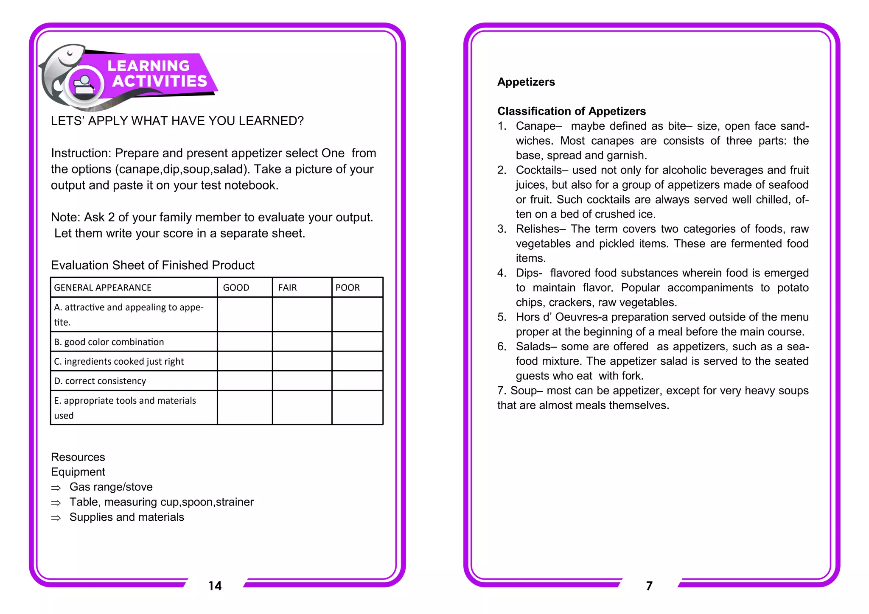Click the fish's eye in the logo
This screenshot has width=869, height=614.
click(x=70, y=53)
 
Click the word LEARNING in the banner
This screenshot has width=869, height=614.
click(x=149, y=66)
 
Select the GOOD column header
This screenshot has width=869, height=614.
click(x=236, y=287)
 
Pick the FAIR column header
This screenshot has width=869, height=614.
click(x=288, y=287)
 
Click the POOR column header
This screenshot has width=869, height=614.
click(x=348, y=287)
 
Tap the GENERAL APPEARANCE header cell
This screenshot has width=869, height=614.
click(x=103, y=287)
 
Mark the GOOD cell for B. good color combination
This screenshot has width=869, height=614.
click(x=245, y=342)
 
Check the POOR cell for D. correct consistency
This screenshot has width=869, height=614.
click(x=357, y=381)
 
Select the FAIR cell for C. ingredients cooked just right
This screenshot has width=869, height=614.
click(x=302, y=361)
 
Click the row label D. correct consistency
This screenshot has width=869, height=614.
click(x=100, y=381)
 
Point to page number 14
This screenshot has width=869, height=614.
click(x=215, y=586)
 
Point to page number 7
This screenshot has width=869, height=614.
click(x=649, y=586)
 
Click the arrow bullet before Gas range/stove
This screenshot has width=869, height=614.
click(x=56, y=488)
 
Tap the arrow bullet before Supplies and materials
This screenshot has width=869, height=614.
click(x=56, y=518)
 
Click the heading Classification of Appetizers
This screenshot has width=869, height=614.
click(x=571, y=111)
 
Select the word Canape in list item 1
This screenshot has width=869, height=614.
click(x=536, y=126)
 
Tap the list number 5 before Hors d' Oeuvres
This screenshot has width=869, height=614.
click(x=502, y=317)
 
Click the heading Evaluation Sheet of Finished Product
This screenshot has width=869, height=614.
click(x=153, y=265)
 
